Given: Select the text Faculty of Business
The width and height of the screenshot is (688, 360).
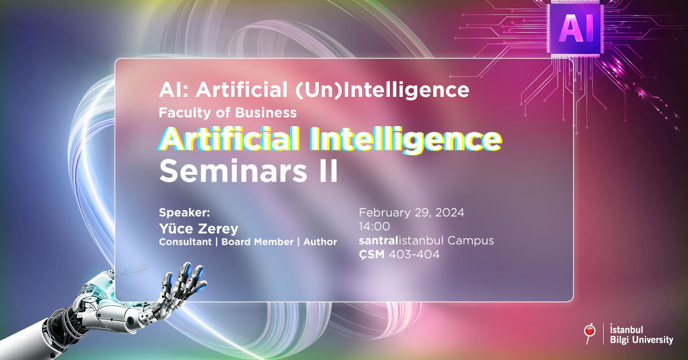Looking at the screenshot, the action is coord(228,113).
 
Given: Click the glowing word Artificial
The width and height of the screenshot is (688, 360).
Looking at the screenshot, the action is coord(230,139).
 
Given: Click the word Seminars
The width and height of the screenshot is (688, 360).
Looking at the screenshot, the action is coord(233,171).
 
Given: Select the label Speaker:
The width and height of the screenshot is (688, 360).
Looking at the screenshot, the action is coord(184,213).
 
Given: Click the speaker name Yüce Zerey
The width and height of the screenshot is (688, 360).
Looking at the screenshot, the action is coord(198,229).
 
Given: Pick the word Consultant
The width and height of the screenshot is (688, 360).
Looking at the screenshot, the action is coord(185,242).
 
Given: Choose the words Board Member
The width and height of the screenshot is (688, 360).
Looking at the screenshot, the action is coord(257,242).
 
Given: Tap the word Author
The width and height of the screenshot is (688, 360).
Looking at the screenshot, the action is coord(320,242).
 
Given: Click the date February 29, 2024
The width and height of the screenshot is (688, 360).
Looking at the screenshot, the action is coord(412,213).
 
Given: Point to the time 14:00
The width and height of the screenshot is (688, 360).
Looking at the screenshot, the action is coord(374,226).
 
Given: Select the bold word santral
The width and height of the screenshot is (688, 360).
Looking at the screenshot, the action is coord(378,241).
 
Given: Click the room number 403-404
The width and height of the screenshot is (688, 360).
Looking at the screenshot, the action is coord(414,255).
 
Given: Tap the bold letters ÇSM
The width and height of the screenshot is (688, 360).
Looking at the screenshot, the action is coord(372,255).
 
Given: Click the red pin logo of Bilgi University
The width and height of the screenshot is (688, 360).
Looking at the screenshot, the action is coord(590,334).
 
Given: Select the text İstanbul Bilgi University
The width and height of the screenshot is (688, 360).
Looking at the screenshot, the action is coord(642,334).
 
